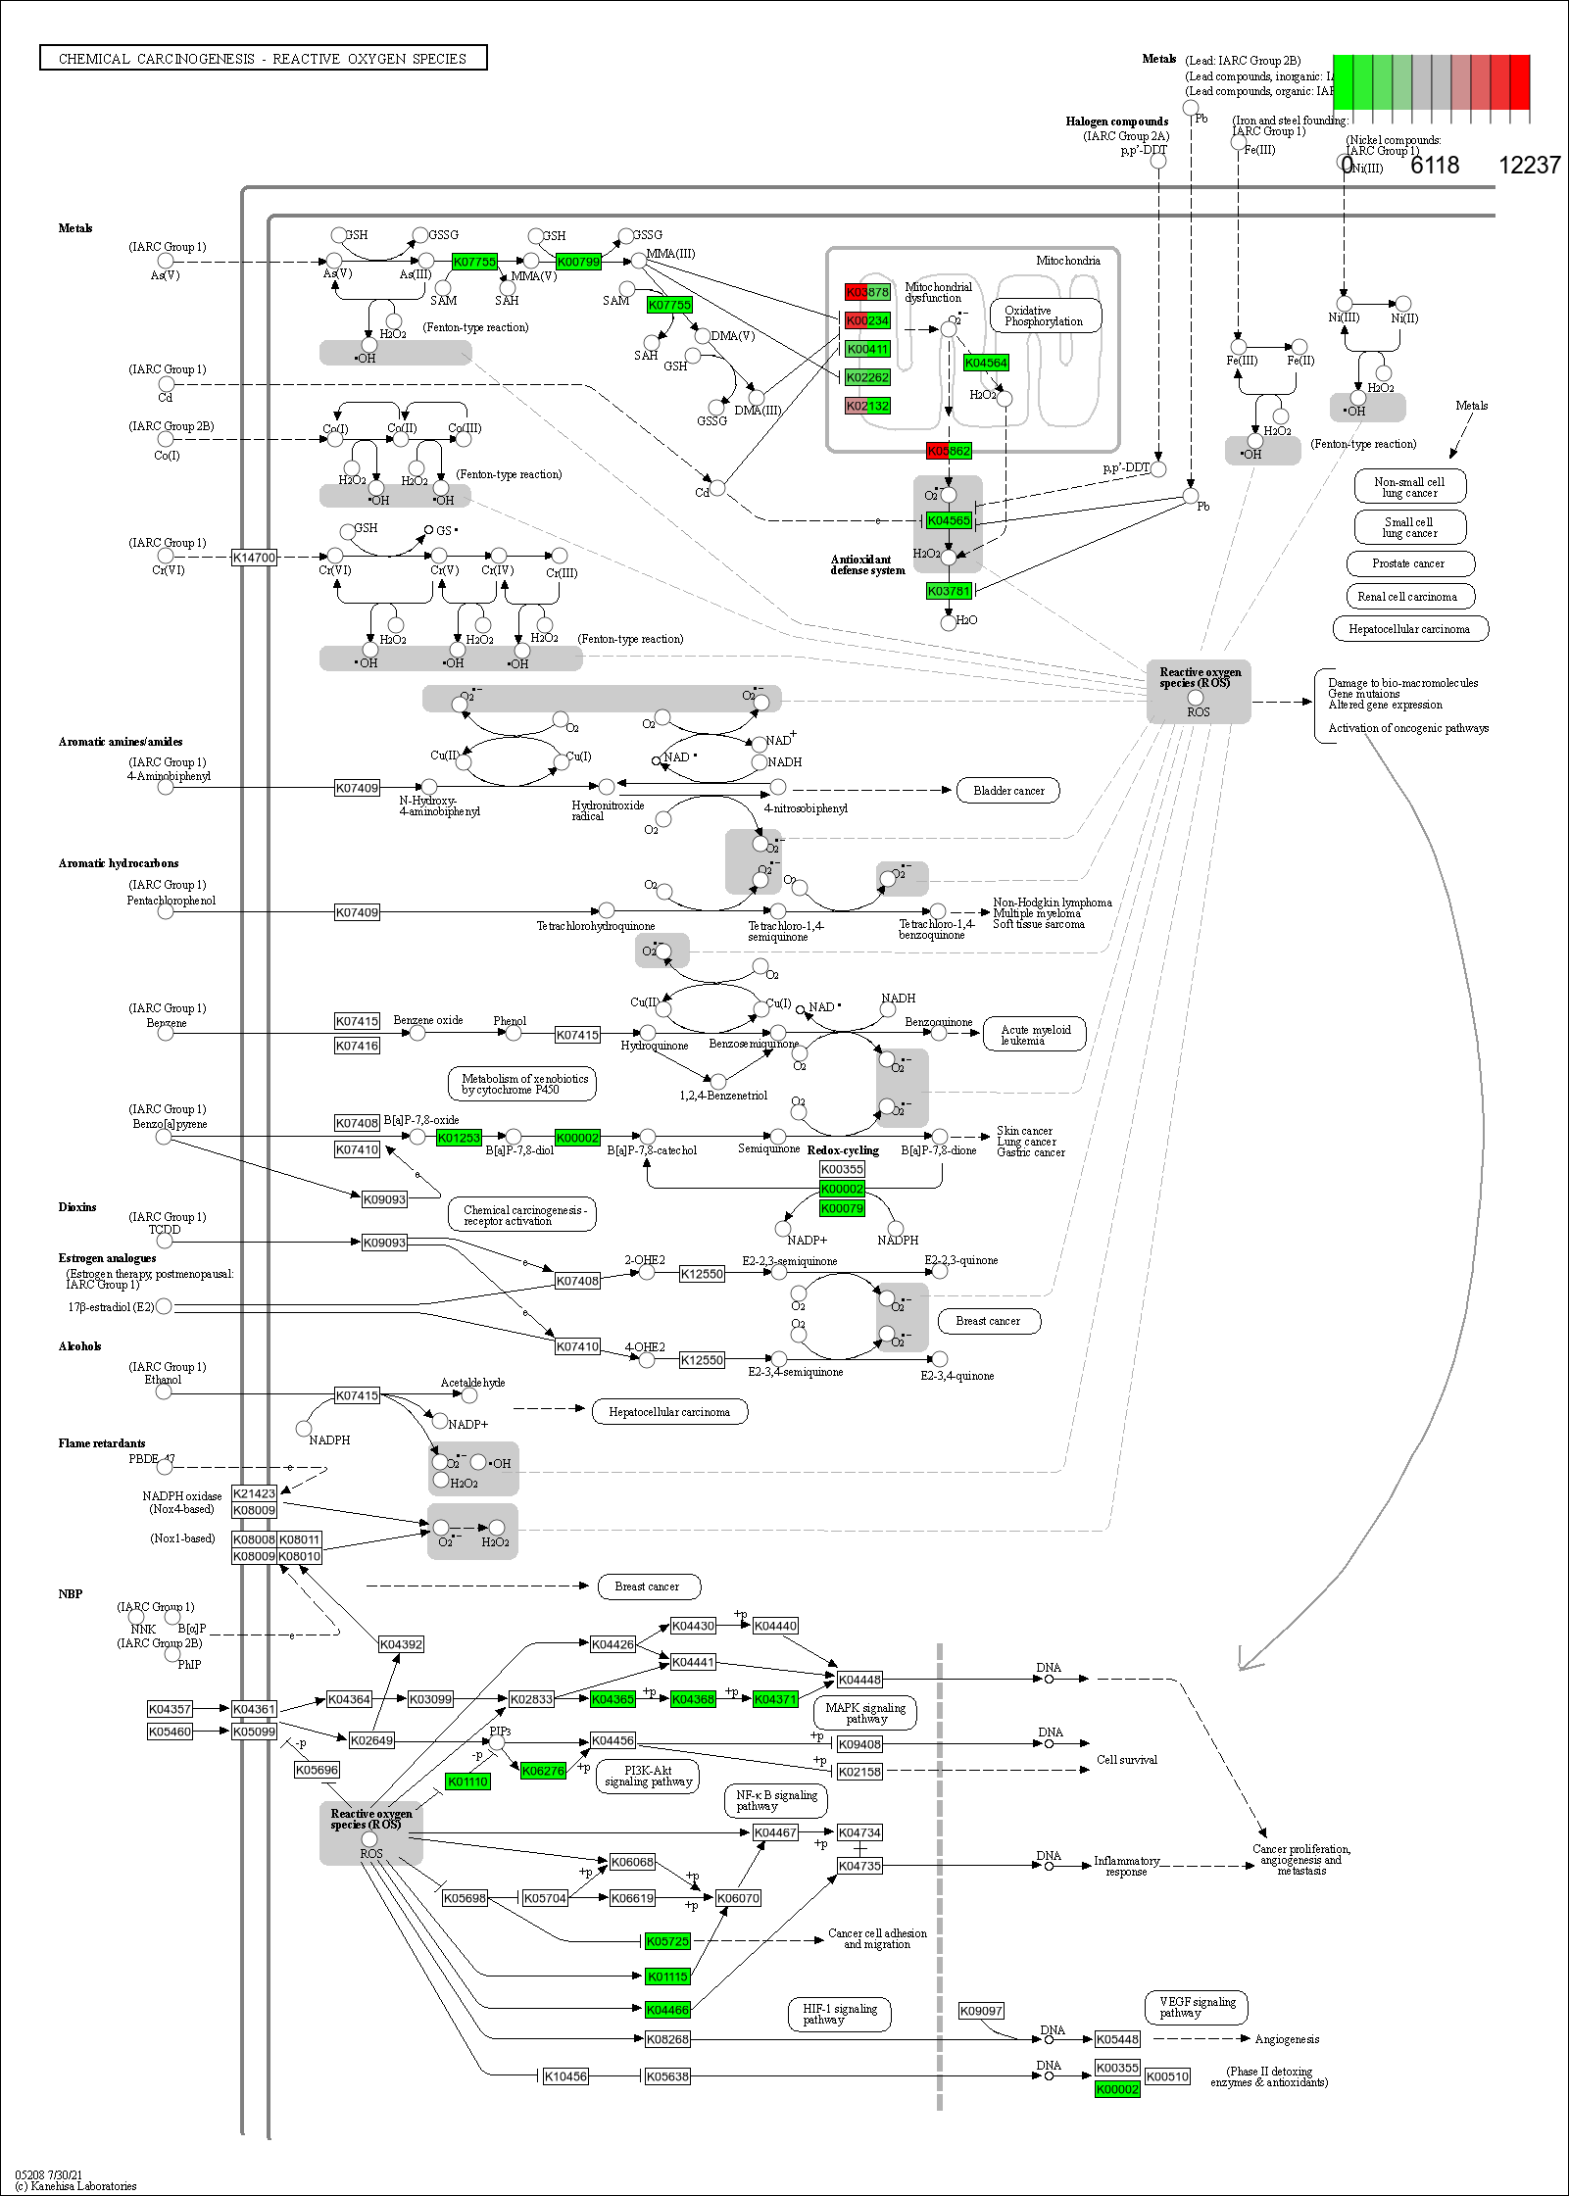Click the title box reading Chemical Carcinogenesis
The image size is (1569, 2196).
[263, 59]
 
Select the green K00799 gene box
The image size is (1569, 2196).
[578, 262]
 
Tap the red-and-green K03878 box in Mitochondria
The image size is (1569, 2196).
[867, 292]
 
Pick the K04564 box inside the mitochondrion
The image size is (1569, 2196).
[985, 363]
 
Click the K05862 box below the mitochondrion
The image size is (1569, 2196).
[949, 451]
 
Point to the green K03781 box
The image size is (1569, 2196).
[949, 591]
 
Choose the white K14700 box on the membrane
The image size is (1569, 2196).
[254, 558]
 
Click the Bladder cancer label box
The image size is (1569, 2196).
[1007, 791]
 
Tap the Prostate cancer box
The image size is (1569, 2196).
[1408, 563]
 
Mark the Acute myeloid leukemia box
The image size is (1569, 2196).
[1035, 1035]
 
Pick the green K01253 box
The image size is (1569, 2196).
[459, 1138]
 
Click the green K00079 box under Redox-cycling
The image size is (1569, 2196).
[842, 1208]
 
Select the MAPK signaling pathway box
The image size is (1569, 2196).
[865, 1713]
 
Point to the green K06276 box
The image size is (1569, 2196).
[543, 1771]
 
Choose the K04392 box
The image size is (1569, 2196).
[401, 1644]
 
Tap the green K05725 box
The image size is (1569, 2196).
[667, 1941]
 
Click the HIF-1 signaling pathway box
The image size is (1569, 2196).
[839, 2015]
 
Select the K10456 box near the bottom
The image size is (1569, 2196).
[565, 2075]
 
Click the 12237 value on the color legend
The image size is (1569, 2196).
[1529, 166]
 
